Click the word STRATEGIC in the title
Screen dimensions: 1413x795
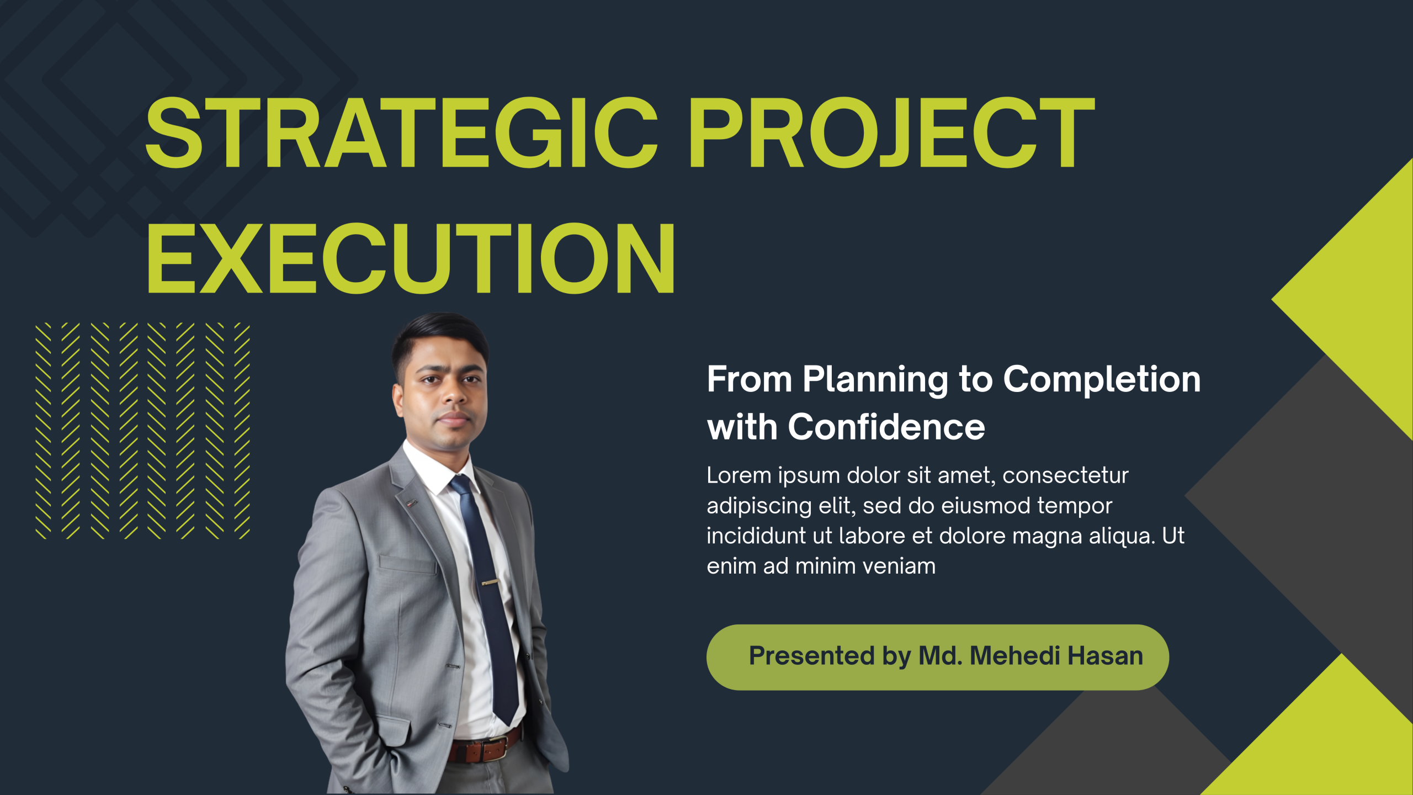402,132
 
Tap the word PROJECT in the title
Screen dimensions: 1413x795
892,132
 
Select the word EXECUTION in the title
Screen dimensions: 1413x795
411,258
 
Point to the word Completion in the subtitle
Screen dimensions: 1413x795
1102,380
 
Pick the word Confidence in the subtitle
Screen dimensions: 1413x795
886,427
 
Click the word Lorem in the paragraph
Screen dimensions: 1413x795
739,475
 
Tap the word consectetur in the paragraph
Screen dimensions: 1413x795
1065,475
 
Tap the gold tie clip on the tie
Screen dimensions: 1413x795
490,581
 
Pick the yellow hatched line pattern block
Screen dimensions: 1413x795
143,431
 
